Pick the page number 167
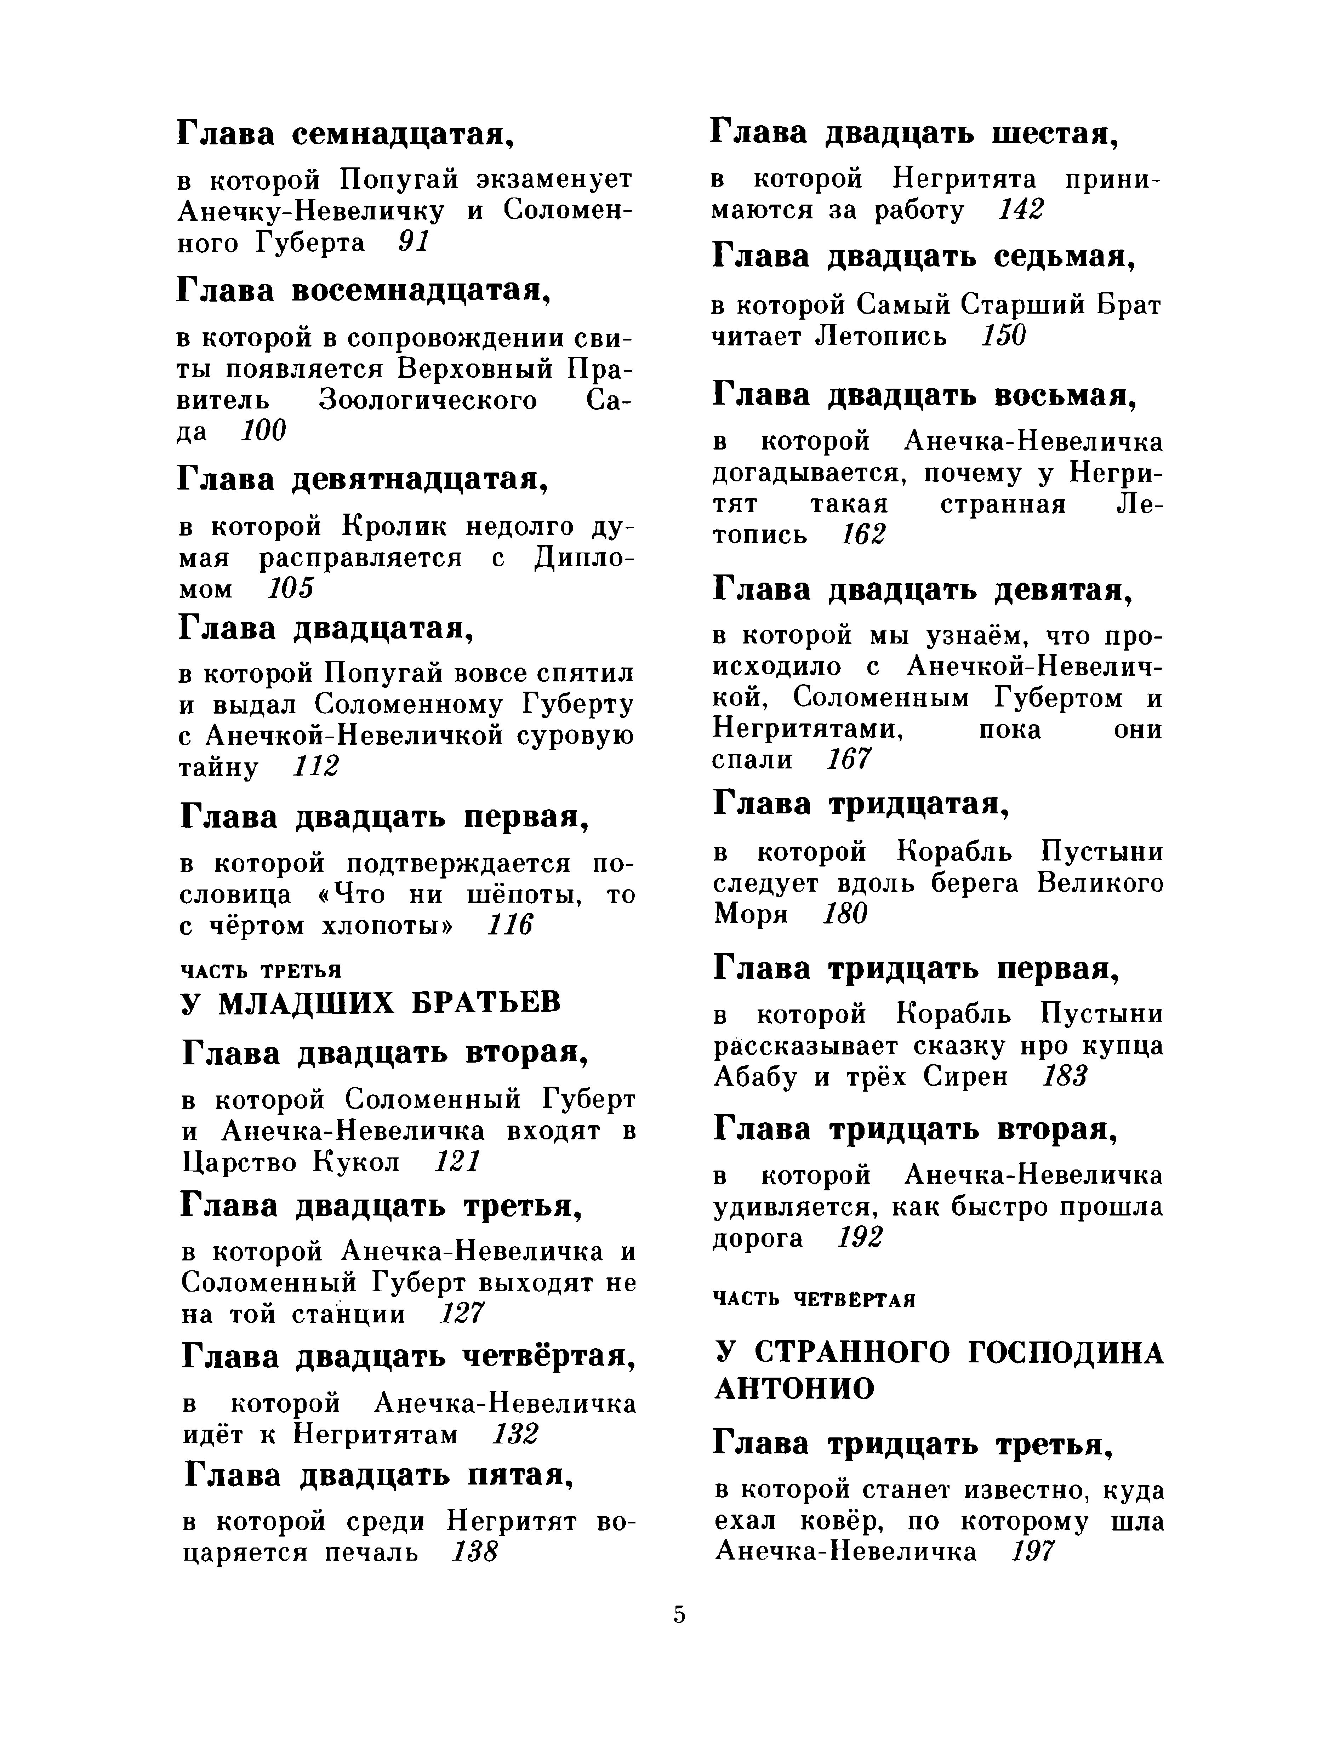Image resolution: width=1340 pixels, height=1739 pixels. [x=849, y=760]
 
